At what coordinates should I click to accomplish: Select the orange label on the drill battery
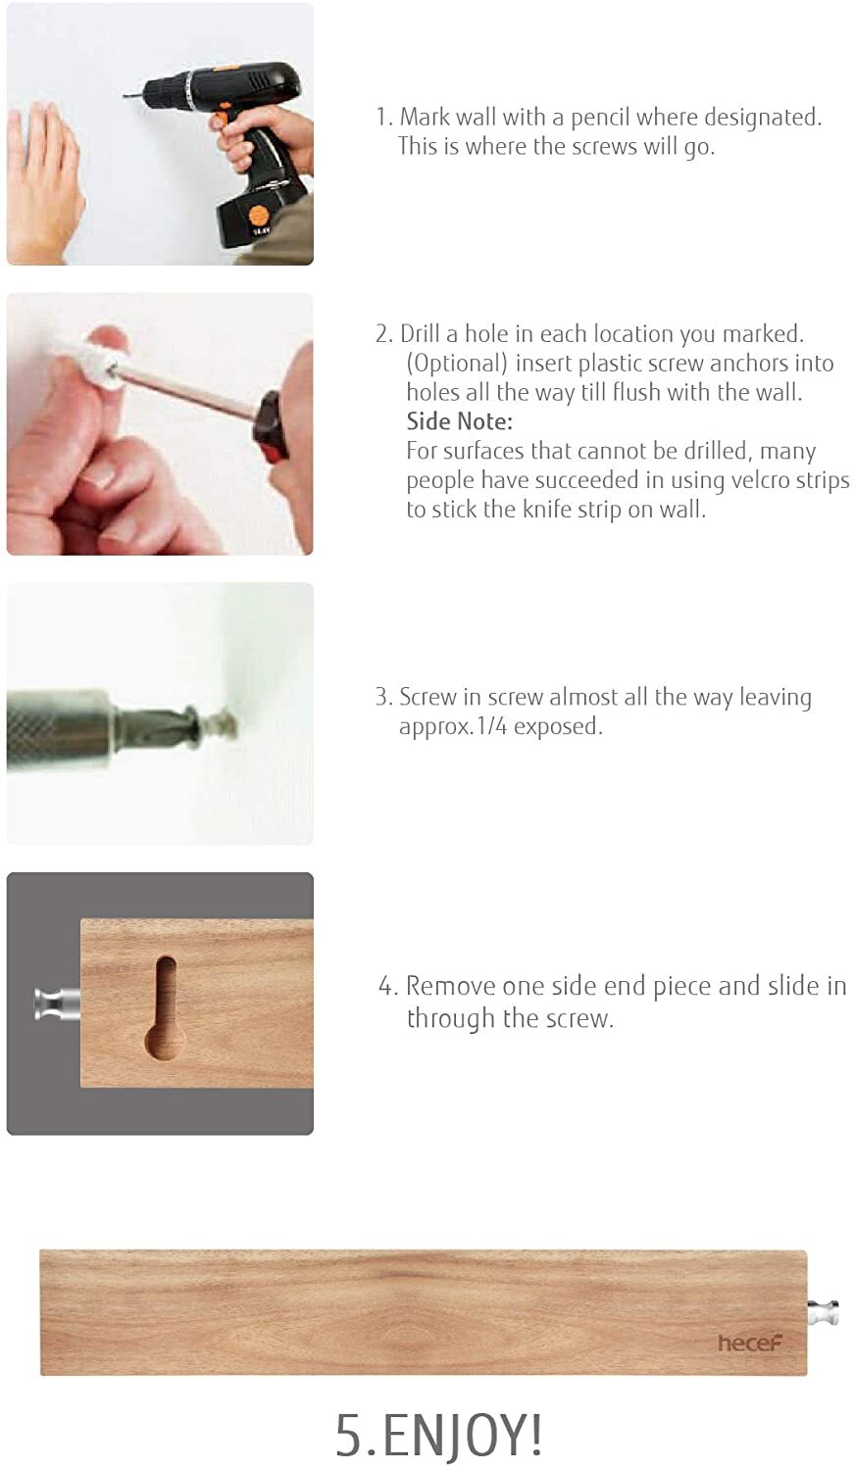[x=260, y=217]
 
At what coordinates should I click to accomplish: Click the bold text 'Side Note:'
[x=459, y=421]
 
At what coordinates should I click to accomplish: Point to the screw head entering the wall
[x=223, y=726]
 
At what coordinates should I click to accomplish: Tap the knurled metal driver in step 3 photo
[x=59, y=729]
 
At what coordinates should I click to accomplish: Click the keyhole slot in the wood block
[x=164, y=1009]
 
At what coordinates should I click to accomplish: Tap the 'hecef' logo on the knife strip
[x=749, y=1343]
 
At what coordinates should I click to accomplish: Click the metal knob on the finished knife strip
[x=823, y=1312]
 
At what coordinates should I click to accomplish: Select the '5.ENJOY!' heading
[x=438, y=1435]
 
